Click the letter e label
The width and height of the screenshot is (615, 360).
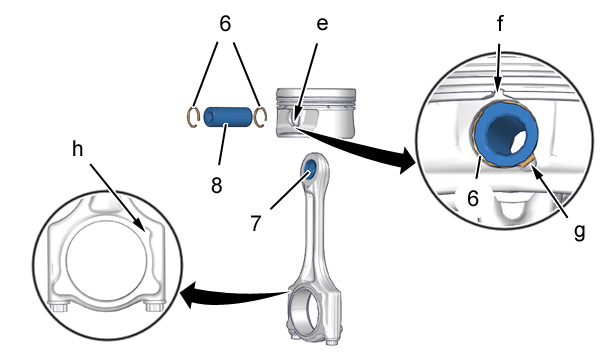point(322,24)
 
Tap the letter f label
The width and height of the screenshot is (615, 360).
point(500,23)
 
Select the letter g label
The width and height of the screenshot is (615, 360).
point(579,231)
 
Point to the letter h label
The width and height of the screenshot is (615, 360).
point(78,149)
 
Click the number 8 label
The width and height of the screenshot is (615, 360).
point(217,185)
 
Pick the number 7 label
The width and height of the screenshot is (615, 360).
point(255,223)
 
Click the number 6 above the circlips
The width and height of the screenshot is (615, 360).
point(225,24)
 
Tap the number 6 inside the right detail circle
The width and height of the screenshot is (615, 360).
point(473,198)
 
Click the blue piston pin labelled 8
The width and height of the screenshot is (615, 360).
point(227,116)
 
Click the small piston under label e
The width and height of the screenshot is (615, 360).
point(316,113)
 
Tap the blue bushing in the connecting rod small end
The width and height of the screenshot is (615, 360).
point(311,169)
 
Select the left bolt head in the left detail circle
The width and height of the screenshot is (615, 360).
point(59,305)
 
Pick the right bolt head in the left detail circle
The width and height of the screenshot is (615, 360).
point(153,305)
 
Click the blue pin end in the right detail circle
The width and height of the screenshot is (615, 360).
point(506,133)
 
